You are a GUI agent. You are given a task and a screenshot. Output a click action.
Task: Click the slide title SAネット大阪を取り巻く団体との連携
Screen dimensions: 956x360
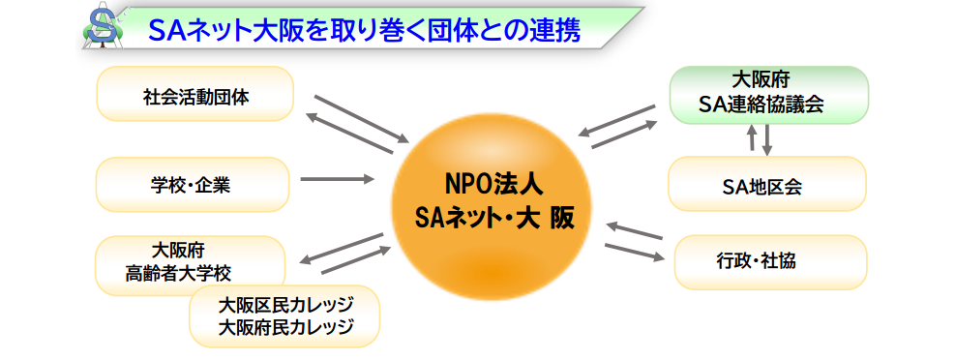(364, 31)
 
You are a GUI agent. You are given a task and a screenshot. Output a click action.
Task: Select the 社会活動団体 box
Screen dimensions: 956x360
(195, 93)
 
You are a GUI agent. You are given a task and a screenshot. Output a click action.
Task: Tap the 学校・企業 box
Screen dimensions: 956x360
(193, 184)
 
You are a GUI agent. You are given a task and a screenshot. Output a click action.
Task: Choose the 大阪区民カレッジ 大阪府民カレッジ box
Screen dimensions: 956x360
(284, 316)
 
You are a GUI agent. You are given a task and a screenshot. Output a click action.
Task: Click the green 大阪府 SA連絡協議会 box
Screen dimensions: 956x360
(769, 95)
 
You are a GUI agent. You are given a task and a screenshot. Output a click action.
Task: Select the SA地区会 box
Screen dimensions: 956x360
(767, 184)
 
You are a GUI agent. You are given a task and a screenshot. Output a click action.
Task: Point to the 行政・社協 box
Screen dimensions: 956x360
(770, 261)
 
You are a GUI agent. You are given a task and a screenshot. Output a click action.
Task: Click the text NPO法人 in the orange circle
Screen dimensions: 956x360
(493, 185)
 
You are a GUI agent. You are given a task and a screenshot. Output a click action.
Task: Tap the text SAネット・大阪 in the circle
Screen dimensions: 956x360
(493, 217)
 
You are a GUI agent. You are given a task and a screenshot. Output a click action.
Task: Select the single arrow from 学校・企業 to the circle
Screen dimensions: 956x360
(337, 179)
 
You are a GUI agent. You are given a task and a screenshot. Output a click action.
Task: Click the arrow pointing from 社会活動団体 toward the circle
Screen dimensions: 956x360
(361, 119)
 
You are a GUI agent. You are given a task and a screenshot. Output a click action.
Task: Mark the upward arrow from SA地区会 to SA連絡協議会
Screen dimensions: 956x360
(752, 137)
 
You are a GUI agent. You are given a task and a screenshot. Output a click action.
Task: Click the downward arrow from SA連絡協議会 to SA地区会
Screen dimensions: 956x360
(767, 139)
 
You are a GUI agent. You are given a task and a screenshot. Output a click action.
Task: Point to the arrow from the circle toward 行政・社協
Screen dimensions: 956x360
(635, 252)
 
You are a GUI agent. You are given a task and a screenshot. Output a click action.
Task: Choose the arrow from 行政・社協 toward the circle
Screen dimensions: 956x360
(635, 230)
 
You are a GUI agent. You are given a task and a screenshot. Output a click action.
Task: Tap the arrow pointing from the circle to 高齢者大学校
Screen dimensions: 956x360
(342, 249)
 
